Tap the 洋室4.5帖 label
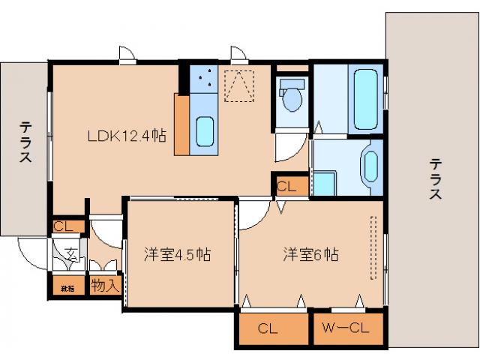(x=176, y=254)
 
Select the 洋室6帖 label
(x=310, y=254)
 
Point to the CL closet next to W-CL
(x=274, y=328)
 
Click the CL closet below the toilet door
(x=289, y=186)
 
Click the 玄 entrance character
(x=70, y=253)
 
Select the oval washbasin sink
(x=370, y=166)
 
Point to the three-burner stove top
(x=203, y=80)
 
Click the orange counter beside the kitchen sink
(x=181, y=124)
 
